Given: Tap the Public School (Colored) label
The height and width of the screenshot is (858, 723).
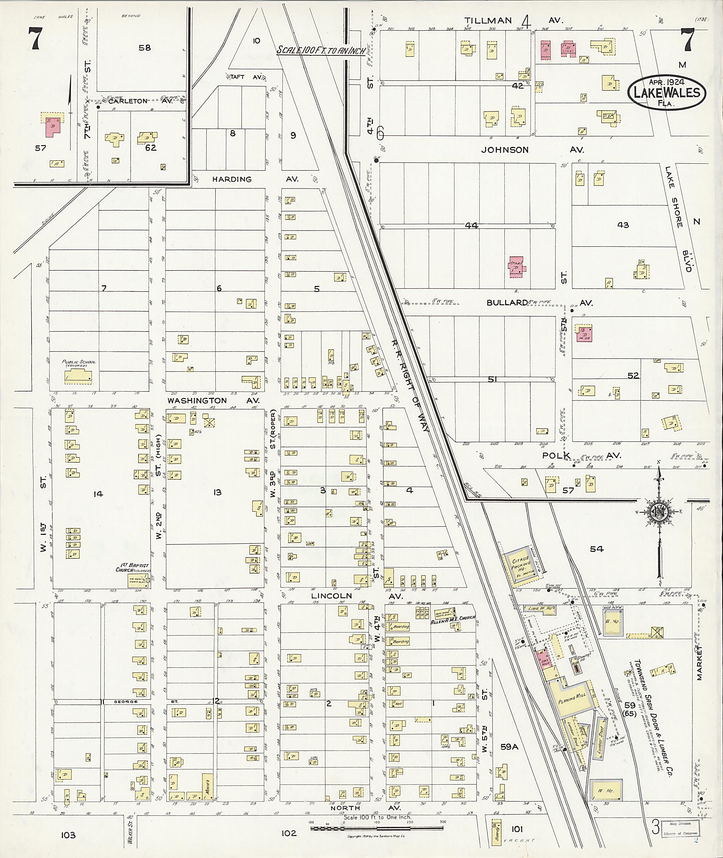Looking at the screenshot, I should pos(79,363).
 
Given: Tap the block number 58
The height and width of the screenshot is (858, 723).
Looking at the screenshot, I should pos(144,48).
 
